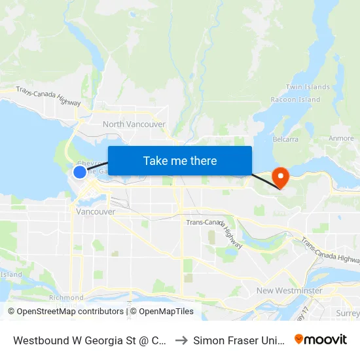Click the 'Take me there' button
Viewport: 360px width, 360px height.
click(x=180, y=160)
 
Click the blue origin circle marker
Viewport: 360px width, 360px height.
click(x=80, y=172)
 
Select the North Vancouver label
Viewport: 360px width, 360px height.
click(x=134, y=124)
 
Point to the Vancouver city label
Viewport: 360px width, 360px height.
click(x=96, y=212)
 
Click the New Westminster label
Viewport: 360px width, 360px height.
click(x=289, y=291)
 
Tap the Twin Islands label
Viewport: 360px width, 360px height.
click(x=308, y=87)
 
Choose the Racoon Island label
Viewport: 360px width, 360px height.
click(x=296, y=99)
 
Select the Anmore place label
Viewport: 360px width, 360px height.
click(x=341, y=139)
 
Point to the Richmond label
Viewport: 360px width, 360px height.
click(x=66, y=298)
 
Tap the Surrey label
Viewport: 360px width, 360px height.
click(x=348, y=313)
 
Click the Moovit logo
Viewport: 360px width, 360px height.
click(x=321, y=339)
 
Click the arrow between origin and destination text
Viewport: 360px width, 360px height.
click(x=181, y=340)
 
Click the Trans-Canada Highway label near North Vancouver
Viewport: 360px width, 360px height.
click(x=48, y=96)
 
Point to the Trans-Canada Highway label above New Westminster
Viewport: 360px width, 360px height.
click(x=331, y=251)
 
